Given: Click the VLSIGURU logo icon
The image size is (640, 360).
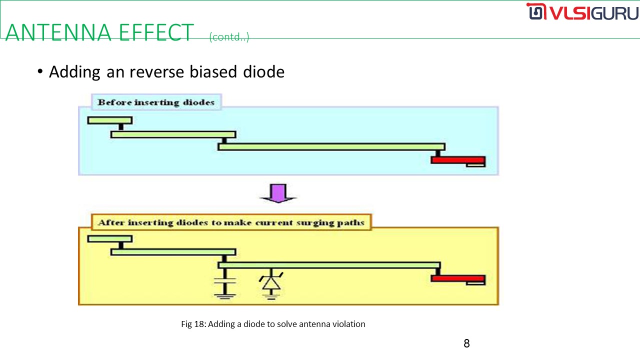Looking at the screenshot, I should tap(535, 12).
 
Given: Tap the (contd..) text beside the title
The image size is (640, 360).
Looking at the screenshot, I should tap(229, 37).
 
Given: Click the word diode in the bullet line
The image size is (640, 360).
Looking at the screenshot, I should tap(263, 72).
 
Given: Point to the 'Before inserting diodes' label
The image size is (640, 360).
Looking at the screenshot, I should tap(156, 102).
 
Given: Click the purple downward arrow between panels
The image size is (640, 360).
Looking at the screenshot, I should tap(278, 193).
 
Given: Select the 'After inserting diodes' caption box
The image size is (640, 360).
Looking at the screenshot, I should tap(231, 222).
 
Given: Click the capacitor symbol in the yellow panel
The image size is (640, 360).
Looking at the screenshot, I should tap(224, 282).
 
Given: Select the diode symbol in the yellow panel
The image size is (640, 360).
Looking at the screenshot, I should tap(271, 283).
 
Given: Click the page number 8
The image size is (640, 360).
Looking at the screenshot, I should tap(466, 343).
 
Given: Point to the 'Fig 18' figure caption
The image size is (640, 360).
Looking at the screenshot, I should tap(273, 324).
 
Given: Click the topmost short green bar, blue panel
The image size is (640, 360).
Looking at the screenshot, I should tap(109, 120).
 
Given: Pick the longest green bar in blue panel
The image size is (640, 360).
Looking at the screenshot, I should tap(331, 146).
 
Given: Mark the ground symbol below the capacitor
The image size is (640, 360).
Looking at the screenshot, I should tap(224, 296).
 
